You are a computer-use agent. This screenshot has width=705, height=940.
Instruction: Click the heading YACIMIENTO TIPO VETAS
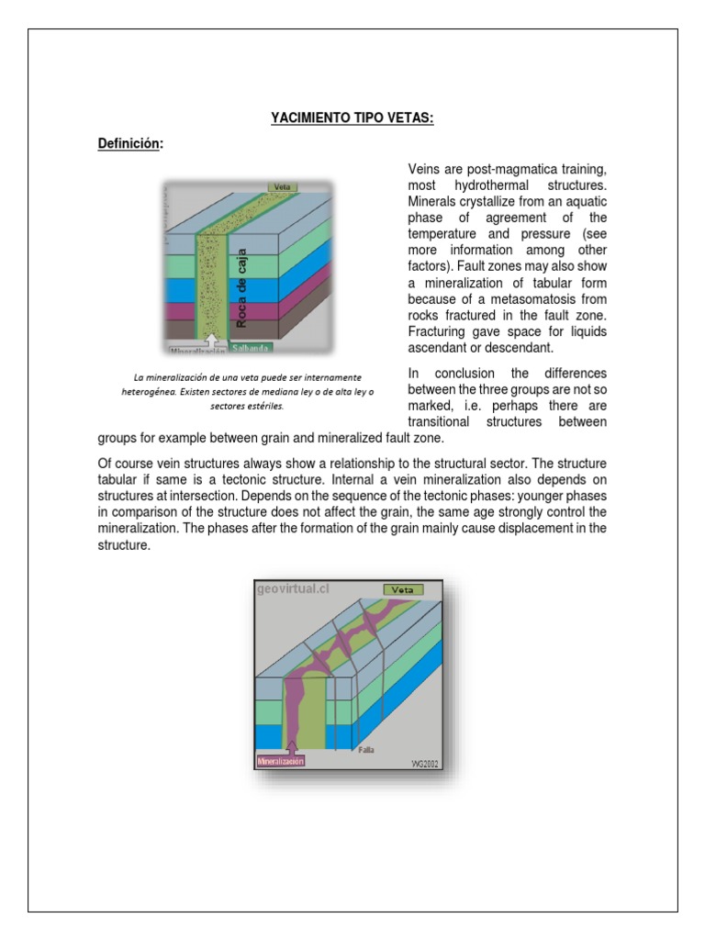(352, 118)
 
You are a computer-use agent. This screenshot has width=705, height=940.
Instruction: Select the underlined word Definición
(129, 144)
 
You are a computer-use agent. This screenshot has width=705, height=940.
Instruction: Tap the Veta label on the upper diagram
(279, 186)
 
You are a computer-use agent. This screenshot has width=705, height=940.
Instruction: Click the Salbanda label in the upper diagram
(251, 350)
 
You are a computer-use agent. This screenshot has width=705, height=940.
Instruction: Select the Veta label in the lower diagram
(402, 589)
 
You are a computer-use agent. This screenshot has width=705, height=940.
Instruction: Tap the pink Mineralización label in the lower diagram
(281, 760)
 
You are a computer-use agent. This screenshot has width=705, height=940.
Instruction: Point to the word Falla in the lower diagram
(365, 748)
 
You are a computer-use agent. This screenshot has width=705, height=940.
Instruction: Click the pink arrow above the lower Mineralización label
(293, 746)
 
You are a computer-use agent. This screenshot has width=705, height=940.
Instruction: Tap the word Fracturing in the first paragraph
(438, 332)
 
